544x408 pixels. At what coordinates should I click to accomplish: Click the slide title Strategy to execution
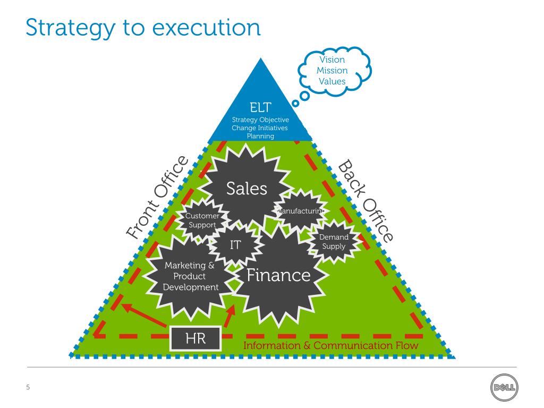tap(143, 27)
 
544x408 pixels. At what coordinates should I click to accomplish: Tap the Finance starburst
tap(278, 275)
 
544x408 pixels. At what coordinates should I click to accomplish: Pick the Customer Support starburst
tap(201, 220)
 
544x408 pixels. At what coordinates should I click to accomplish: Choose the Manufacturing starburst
tap(301, 211)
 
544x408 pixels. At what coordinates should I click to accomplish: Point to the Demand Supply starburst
tap(334, 242)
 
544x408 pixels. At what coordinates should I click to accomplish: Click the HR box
tap(195, 338)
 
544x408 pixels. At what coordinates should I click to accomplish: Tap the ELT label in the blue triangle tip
tap(260, 107)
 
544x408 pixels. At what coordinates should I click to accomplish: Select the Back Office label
tap(366, 200)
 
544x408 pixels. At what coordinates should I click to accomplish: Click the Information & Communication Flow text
tap(330, 346)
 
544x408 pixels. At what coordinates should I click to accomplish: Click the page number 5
tap(28, 387)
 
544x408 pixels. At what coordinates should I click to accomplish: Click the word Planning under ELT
tap(260, 136)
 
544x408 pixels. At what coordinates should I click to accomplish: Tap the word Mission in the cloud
tap(332, 70)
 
